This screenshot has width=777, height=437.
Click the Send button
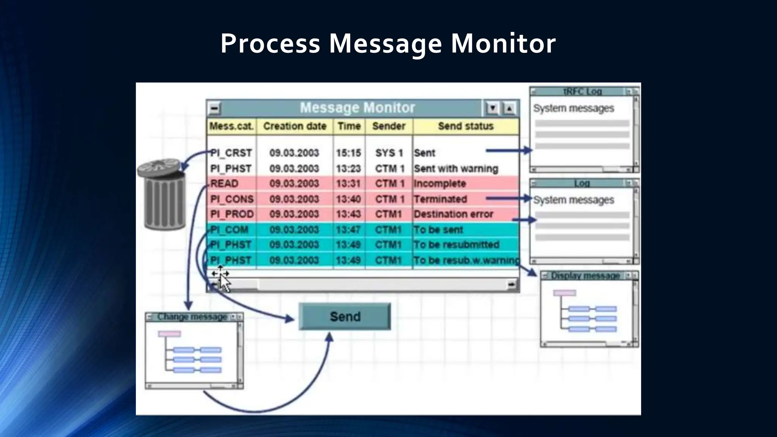[x=344, y=316]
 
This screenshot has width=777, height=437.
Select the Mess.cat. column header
[x=231, y=126]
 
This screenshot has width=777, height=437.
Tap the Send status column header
[x=466, y=126]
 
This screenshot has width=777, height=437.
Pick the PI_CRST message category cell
[x=231, y=153]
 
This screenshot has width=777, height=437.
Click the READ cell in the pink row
[x=224, y=184]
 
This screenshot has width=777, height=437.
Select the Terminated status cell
[x=440, y=199]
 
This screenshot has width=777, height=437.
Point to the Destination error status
[x=453, y=214]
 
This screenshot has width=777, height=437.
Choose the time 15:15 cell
[x=348, y=153]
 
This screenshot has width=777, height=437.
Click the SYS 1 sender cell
[x=389, y=153]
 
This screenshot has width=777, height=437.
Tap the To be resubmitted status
[x=456, y=245]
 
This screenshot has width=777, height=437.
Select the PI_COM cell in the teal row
[x=230, y=230]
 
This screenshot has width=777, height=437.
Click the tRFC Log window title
[x=582, y=91]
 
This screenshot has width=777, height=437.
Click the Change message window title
[x=192, y=317]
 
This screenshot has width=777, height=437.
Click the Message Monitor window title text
[x=357, y=108]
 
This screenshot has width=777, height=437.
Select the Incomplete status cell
[x=440, y=184]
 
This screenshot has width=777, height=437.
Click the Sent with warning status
[x=456, y=168]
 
